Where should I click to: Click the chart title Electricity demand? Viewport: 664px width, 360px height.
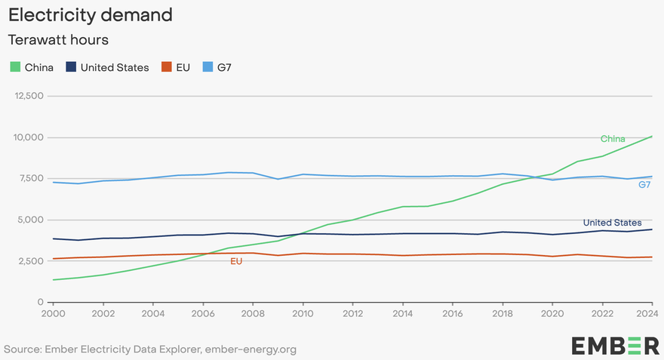pyautogui.click(x=91, y=15)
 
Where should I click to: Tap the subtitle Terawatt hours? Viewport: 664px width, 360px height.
pyautogui.click(x=58, y=40)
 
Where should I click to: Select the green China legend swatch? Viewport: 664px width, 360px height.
pyautogui.click(x=15, y=67)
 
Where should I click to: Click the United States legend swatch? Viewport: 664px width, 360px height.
pyautogui.click(x=71, y=67)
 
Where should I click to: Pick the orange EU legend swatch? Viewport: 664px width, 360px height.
pyautogui.click(x=167, y=67)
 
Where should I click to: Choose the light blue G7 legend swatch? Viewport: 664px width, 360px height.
pyautogui.click(x=207, y=67)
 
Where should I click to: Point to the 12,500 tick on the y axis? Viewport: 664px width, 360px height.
pyautogui.click(x=29, y=96)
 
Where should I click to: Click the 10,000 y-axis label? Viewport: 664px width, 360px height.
pyautogui.click(x=29, y=137)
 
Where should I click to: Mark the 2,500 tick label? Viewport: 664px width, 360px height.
pyautogui.click(x=30, y=261)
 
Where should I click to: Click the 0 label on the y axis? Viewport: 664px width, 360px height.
pyautogui.click(x=41, y=302)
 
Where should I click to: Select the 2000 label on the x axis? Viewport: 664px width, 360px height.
pyautogui.click(x=54, y=313)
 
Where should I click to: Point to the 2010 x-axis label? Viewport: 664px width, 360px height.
pyautogui.click(x=303, y=313)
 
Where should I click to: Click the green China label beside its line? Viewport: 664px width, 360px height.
pyautogui.click(x=613, y=139)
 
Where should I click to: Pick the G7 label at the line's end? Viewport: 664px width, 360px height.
pyautogui.click(x=644, y=185)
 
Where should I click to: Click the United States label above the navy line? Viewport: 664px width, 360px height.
pyautogui.click(x=613, y=223)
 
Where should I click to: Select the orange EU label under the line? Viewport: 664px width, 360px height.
pyautogui.click(x=236, y=261)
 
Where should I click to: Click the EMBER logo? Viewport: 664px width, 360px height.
pyautogui.click(x=615, y=346)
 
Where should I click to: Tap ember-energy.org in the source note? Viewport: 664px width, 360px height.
pyautogui.click(x=251, y=349)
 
